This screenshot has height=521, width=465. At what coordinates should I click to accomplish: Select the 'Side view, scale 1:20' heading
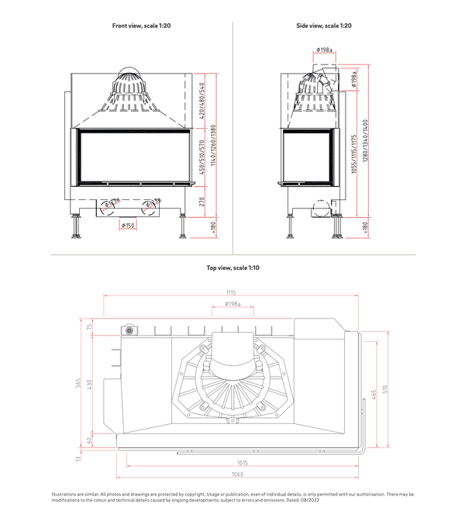pos(324,26)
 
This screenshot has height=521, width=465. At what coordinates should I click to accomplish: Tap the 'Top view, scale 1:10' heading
pos(232,267)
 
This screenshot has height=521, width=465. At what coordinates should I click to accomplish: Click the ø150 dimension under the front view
pos(129,226)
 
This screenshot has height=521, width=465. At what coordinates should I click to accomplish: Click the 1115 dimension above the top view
pos(231,292)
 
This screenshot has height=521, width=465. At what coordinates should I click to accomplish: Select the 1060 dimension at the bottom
pos(237,474)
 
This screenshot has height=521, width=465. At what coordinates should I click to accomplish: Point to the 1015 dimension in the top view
pos(237,463)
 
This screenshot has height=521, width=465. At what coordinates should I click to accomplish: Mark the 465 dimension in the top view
pos(374,395)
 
